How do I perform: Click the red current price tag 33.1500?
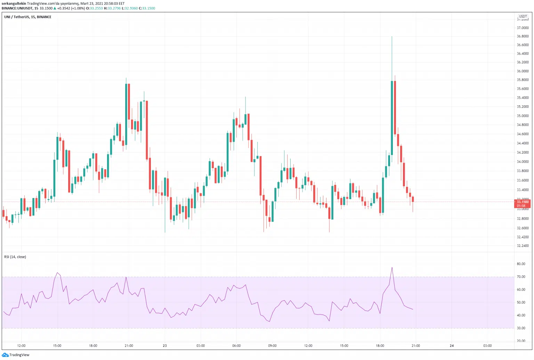[x=522, y=202]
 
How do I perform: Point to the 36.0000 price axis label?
[x=523, y=71]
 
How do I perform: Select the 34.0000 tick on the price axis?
[x=523, y=162]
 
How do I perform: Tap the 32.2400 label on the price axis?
[x=523, y=246]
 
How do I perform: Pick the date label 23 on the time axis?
[x=165, y=346]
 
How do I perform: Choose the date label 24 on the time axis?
[x=452, y=346]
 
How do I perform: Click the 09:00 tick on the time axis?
[x=272, y=346]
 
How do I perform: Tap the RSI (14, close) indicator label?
[x=15, y=257]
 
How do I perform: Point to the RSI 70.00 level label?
[x=521, y=277]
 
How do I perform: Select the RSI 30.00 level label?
[x=521, y=328]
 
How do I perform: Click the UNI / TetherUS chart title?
[x=28, y=17]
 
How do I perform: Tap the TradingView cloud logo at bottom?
[x=5, y=355]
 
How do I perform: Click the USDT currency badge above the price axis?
[x=523, y=16]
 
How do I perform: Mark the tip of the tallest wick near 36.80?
[x=392, y=36]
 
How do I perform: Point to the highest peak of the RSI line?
[x=392, y=268]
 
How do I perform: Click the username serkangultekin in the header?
[x=14, y=3]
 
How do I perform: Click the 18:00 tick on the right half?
[x=380, y=346]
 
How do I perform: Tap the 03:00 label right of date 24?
[x=487, y=346]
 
